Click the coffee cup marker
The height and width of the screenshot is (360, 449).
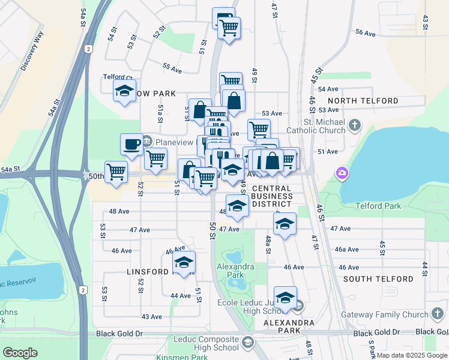click(x=131, y=144)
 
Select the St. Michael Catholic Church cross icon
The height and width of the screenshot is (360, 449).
click(x=355, y=125)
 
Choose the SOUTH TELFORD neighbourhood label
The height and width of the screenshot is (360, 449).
click(x=378, y=279)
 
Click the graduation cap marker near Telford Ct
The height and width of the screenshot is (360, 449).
click(x=125, y=91)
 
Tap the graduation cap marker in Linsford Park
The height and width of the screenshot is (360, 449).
click(x=184, y=262)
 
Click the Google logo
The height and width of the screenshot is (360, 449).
click(x=20, y=352)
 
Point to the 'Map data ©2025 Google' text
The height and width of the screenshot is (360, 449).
click(x=412, y=355)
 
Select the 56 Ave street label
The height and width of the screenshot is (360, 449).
click(x=365, y=34)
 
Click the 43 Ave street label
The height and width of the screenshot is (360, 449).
click(x=151, y=316)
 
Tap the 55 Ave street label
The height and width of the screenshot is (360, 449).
click(x=172, y=70)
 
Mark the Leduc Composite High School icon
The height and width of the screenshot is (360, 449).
click(x=247, y=343)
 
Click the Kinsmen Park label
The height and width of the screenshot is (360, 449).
click(x=182, y=357)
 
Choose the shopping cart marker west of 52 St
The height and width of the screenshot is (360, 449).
click(x=116, y=172)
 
